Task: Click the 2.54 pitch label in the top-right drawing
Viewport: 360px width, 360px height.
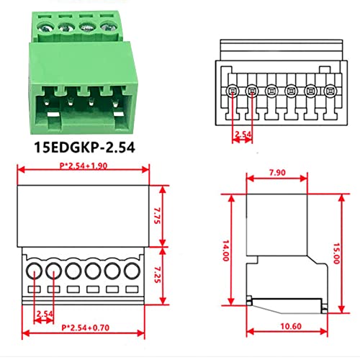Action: [242, 133]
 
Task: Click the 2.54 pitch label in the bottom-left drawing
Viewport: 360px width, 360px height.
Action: [44, 314]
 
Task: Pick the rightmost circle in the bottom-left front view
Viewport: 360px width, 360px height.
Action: [132, 272]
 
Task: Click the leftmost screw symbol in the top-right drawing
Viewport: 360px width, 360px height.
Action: [233, 91]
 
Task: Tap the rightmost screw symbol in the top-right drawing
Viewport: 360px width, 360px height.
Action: [330, 91]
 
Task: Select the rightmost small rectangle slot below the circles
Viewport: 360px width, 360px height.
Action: [132, 290]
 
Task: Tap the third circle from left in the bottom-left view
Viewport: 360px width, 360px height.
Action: [73, 272]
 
